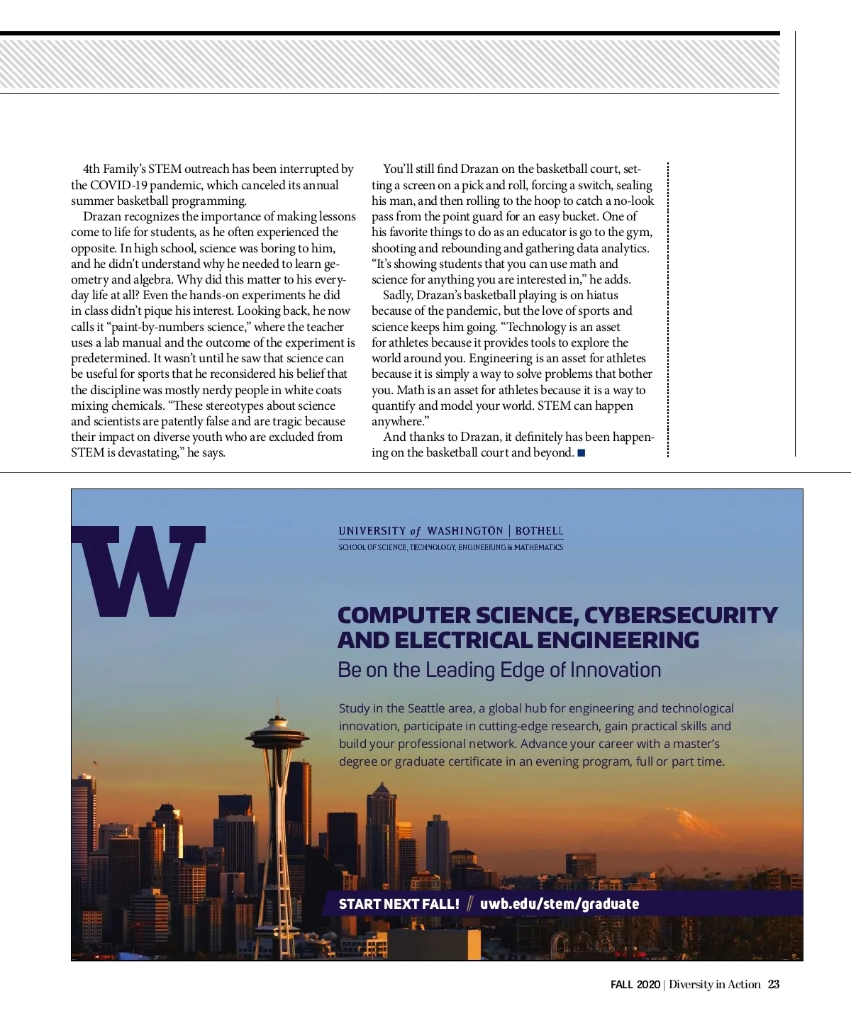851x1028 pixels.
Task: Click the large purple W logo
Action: tap(138, 570)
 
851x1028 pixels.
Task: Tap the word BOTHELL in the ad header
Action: tap(539, 531)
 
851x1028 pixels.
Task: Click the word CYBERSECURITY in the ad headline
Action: tap(681, 615)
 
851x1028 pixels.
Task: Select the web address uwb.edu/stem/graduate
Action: tap(560, 904)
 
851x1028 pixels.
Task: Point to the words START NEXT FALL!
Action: tap(399, 904)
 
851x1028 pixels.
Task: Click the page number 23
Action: tap(774, 984)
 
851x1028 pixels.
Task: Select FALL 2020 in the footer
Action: tap(635, 985)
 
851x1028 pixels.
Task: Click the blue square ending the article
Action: tap(582, 453)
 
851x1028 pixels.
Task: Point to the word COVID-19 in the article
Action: tap(118, 185)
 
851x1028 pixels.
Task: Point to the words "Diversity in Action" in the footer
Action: tap(714, 984)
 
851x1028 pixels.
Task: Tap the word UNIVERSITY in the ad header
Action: tap(372, 531)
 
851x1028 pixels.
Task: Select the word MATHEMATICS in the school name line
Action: tap(538, 547)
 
